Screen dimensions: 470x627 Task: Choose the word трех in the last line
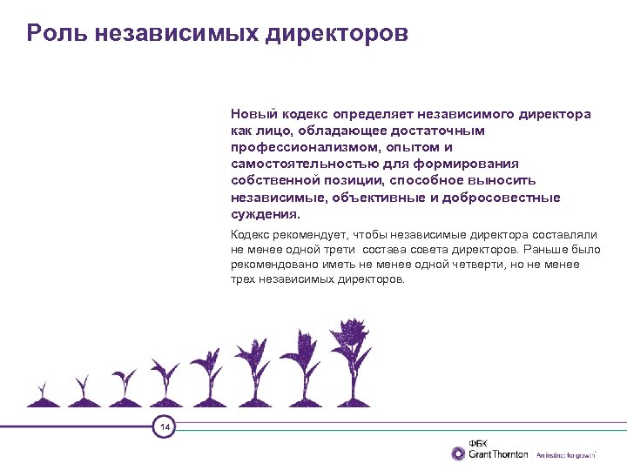(x=243, y=279)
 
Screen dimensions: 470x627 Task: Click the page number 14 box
(x=164, y=426)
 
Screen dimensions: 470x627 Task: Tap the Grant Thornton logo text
(x=498, y=454)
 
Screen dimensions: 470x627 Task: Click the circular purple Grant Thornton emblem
(x=459, y=453)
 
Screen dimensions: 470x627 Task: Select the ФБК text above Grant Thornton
(x=480, y=442)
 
